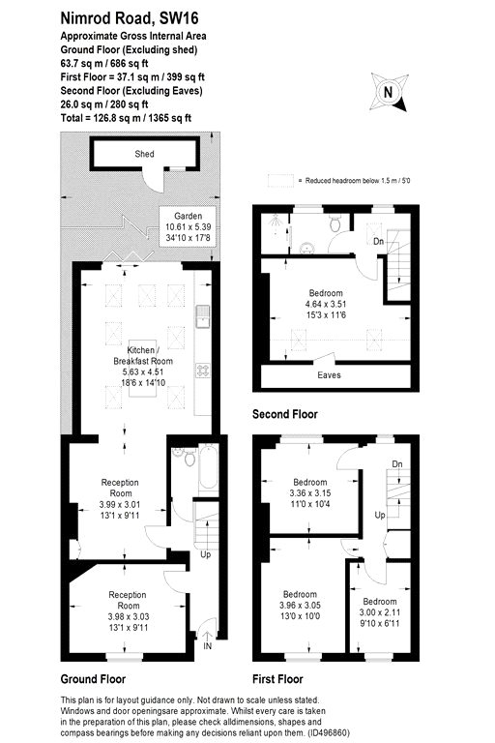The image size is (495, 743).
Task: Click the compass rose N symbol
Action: click(x=389, y=93)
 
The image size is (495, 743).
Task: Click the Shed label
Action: click(x=144, y=154)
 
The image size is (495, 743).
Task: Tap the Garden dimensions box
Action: click(x=189, y=226)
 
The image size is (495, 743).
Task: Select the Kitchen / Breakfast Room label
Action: click(x=143, y=355)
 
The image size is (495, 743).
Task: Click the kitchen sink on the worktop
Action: click(x=203, y=316)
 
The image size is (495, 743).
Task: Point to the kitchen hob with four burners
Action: click(x=203, y=371)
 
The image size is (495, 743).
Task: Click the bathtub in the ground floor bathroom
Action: click(x=209, y=467)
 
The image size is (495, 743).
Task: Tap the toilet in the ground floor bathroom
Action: click(x=189, y=458)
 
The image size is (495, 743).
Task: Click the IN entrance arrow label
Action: click(x=208, y=646)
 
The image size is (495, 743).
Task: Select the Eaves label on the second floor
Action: click(x=330, y=375)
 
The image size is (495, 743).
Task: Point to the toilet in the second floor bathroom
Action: click(x=335, y=223)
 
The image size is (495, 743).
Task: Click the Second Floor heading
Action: click(x=284, y=414)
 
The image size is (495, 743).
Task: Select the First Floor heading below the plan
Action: click(x=277, y=679)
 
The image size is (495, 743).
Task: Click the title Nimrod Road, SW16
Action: click(x=130, y=18)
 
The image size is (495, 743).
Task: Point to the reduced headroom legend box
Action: click(x=280, y=181)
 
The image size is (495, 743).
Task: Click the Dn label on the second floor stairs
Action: click(x=378, y=242)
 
